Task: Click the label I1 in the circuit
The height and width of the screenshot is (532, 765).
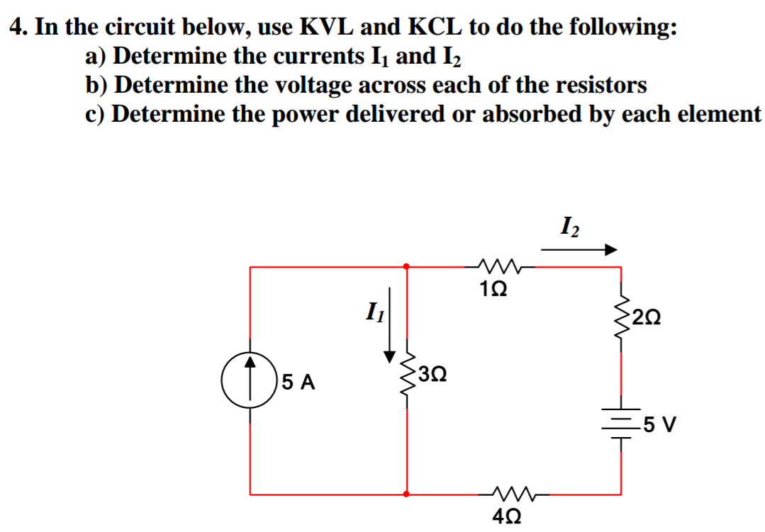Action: (x=374, y=311)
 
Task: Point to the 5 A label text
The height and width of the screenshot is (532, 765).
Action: (x=298, y=383)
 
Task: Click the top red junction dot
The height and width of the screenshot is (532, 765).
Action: (x=406, y=266)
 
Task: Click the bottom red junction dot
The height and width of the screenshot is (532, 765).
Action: (x=406, y=494)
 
